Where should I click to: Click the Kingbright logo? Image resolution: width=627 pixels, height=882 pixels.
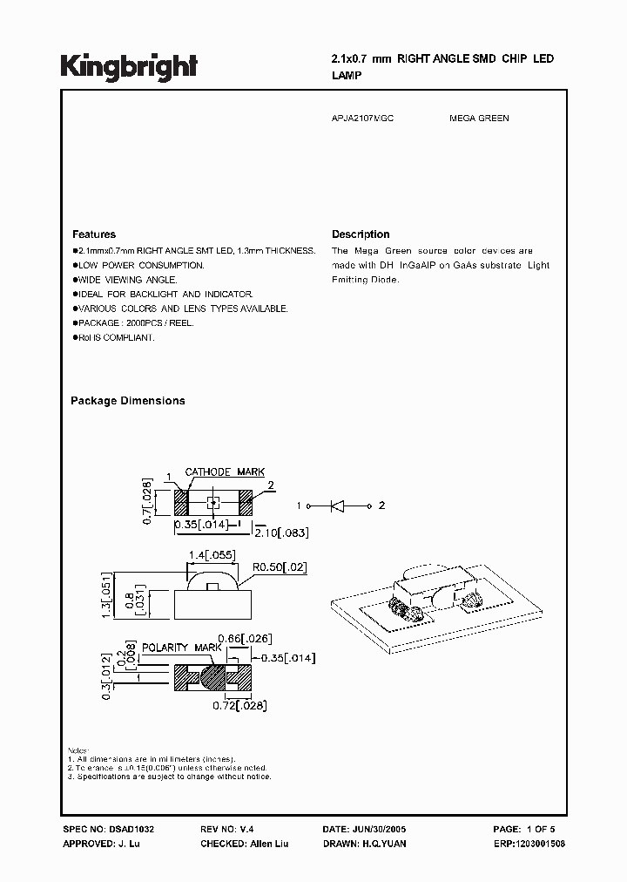coord(129,65)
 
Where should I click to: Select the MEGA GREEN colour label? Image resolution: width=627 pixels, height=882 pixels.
coord(479,118)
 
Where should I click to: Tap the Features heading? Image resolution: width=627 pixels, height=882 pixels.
coord(93,234)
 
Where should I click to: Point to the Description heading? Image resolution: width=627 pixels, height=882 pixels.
coord(361,234)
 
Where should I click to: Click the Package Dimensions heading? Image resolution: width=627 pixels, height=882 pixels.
coord(127,401)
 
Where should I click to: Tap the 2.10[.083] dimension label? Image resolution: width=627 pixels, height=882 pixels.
coord(281,532)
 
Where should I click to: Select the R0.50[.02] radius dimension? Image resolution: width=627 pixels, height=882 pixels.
coord(280,567)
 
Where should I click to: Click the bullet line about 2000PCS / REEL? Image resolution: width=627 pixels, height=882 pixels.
coord(124,322)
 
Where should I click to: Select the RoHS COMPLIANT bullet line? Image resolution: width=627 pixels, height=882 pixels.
coord(115,337)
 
